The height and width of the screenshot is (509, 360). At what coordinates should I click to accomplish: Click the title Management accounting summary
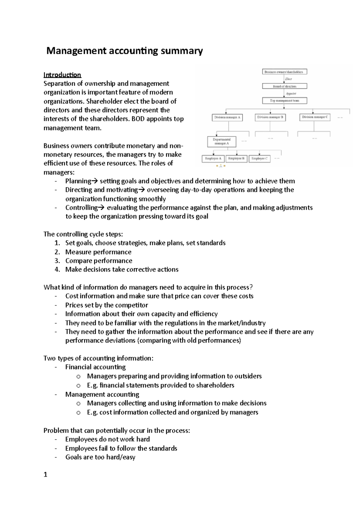124,51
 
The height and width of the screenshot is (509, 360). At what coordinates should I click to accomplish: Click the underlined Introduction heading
62,75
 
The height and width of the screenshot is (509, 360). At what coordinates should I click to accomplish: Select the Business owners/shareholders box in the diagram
284,72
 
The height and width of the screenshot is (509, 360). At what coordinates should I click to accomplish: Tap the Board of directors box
284,86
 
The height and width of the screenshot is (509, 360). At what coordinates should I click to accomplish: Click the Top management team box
284,101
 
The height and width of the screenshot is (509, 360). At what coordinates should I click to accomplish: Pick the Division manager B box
270,117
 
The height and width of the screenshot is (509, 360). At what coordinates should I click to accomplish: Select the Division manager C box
315,117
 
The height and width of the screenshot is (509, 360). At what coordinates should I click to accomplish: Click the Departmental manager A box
222,141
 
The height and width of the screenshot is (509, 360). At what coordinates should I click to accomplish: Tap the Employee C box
259,159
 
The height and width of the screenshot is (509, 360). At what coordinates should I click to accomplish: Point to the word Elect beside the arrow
289,79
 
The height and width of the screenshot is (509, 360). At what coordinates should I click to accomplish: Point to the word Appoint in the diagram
291,94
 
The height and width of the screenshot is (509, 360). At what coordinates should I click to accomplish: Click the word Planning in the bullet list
78,181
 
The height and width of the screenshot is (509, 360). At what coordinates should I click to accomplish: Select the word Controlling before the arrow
81,208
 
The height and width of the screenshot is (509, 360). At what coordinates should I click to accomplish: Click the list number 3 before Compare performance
57,261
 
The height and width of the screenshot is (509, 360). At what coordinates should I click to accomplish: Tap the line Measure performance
98,252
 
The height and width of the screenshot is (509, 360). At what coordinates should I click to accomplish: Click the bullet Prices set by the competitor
106,305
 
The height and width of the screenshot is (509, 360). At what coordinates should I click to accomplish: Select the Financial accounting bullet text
95,367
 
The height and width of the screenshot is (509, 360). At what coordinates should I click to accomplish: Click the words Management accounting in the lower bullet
102,394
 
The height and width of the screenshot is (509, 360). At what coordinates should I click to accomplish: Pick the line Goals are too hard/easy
100,457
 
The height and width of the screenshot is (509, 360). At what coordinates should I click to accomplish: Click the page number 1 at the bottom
46,475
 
